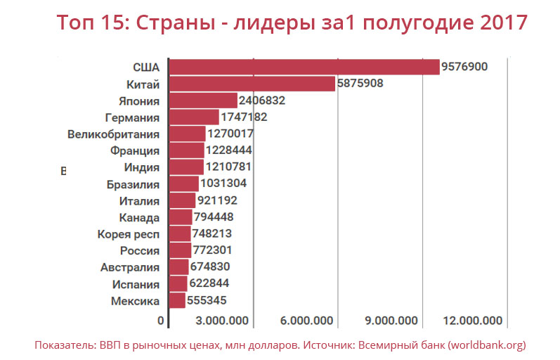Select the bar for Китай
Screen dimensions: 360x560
[252, 84]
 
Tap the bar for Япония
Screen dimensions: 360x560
[204, 101]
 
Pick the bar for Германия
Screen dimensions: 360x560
[195, 117]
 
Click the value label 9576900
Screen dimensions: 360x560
[464, 67]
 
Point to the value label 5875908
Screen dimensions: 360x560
[360, 84]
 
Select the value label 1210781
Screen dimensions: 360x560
[228, 167]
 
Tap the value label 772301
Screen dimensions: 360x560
[212, 250]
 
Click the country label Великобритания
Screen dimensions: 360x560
[114, 134]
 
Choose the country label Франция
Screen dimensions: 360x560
[135, 150]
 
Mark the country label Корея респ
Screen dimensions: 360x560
[129, 234]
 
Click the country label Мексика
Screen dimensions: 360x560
[136, 301]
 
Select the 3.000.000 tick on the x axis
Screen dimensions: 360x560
[222, 321]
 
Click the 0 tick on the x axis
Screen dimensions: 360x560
[162, 321]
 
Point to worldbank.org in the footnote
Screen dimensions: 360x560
[486, 345]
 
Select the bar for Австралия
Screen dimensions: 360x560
[179, 267]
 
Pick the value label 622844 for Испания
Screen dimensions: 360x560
[209, 284]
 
